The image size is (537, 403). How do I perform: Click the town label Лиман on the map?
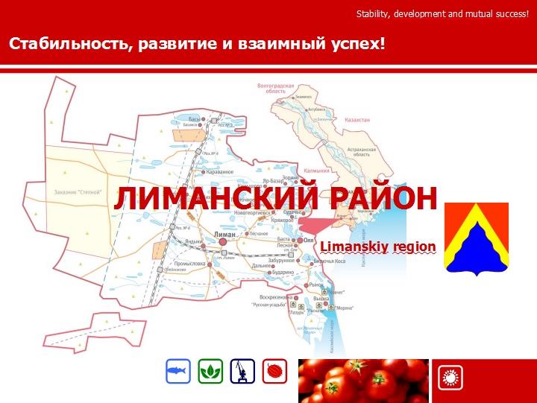coord(224,234)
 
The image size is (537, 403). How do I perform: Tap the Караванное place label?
coord(221,172)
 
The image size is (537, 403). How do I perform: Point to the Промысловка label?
coord(189,264)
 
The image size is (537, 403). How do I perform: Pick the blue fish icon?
coord(178,371)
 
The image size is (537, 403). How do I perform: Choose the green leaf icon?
coord(210,371)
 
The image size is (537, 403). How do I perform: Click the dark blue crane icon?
coord(242,371)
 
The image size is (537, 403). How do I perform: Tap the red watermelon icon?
coord(274,371)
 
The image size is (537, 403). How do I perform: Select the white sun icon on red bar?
coord(449,378)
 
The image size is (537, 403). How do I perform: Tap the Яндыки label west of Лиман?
coord(194,241)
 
